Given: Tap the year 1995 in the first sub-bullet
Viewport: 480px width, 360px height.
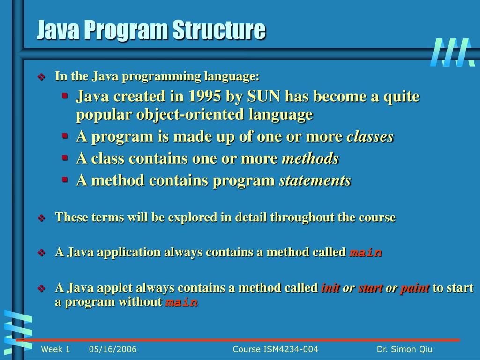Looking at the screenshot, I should pyautogui.click(x=205, y=97).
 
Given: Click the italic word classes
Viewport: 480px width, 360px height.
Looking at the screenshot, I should pyautogui.click(x=370, y=137).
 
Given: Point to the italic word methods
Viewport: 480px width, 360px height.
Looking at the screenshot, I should pyautogui.click(x=310, y=159).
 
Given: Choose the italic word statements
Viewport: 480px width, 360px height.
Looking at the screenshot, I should pyautogui.click(x=315, y=181).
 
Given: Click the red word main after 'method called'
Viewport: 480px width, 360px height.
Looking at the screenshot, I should pyautogui.click(x=366, y=253).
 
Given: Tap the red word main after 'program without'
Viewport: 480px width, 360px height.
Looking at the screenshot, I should pyautogui.click(x=181, y=302).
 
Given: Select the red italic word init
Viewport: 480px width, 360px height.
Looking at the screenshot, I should pyautogui.click(x=330, y=288).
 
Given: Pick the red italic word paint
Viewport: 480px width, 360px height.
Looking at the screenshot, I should pyautogui.click(x=414, y=288).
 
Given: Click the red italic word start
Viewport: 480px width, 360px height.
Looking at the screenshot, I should pyautogui.click(x=370, y=288).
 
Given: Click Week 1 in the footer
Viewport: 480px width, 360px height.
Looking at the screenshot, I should pyautogui.click(x=55, y=349).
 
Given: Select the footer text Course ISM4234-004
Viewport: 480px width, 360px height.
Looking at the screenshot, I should pyautogui.click(x=275, y=349).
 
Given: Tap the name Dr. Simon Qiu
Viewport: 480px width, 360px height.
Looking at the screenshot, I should pyautogui.click(x=405, y=349).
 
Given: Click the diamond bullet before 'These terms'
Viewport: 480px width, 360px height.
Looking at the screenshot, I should pyautogui.click(x=41, y=218).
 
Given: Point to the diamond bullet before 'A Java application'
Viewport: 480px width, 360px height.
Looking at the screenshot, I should pyautogui.click(x=41, y=253).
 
